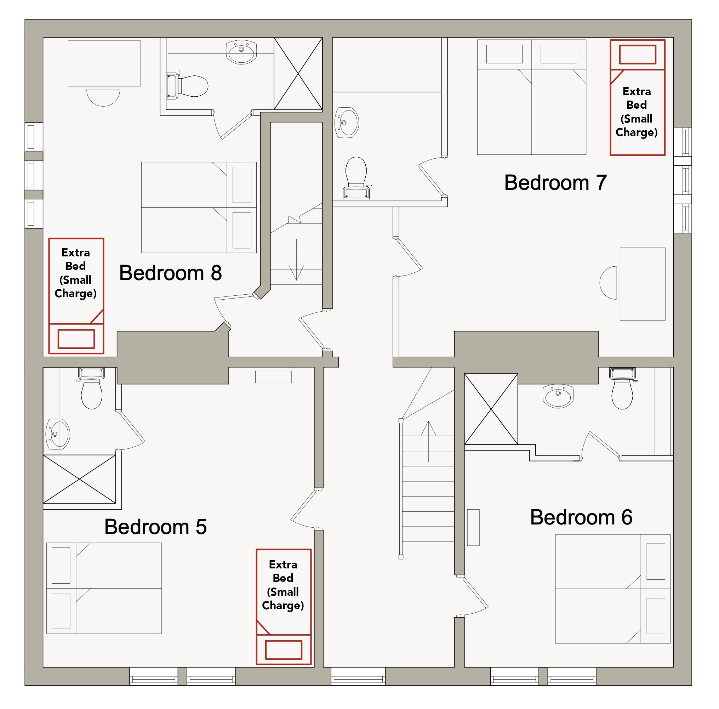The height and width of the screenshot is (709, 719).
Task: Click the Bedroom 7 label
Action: (556, 182)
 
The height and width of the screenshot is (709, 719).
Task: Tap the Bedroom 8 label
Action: (170, 273)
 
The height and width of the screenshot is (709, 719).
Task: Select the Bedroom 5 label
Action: (155, 527)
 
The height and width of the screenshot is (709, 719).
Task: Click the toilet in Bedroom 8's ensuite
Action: (187, 86)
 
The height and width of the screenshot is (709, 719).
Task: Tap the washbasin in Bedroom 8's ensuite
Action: (241, 52)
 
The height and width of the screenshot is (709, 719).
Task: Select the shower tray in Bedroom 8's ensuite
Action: (298, 73)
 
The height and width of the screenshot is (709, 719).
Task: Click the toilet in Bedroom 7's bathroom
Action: (356, 178)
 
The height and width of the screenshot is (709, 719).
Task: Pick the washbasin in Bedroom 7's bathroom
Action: (347, 123)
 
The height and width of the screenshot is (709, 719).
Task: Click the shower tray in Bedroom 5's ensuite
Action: (80, 479)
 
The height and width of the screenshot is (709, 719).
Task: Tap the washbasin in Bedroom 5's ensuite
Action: (58, 434)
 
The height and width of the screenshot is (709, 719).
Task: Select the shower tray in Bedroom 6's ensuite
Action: (491, 409)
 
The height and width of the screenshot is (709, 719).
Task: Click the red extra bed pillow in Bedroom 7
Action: (638, 55)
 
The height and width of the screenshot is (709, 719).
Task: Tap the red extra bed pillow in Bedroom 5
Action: (284, 650)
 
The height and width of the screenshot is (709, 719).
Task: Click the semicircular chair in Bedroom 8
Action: (103, 97)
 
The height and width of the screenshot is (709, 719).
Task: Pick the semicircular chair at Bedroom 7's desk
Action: (608, 283)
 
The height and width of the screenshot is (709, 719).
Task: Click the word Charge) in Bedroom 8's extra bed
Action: (75, 294)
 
